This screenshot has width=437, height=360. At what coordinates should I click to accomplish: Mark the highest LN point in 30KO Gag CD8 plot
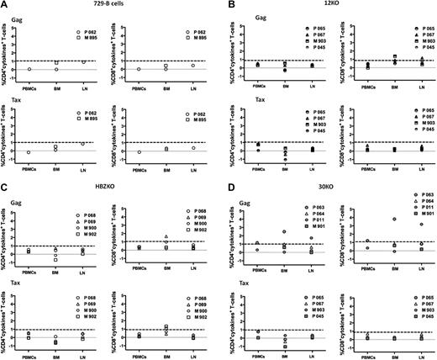point(420,224)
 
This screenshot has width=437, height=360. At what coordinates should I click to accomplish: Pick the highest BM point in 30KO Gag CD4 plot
point(284,230)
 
